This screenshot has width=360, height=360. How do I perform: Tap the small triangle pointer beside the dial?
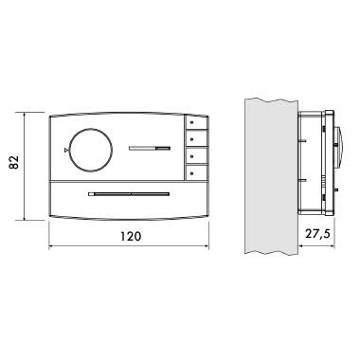pos(65,149)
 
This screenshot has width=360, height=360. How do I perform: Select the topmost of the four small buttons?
pos(196,123)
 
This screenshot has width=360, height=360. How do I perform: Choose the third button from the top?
pos(196,156)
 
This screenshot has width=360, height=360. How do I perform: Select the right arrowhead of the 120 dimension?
pos(206,248)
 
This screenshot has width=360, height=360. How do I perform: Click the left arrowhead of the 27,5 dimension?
pos(301,248)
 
